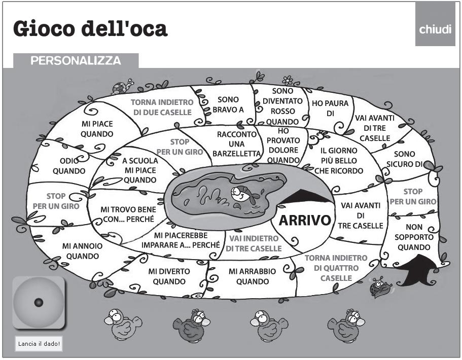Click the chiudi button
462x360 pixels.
tap(435, 29)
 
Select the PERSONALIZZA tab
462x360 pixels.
tap(76, 61)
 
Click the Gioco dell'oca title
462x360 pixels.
tap(90, 29)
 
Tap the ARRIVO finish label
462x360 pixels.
tap(305, 221)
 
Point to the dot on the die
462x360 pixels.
tap(39, 303)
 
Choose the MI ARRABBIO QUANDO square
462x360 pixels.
tap(252, 276)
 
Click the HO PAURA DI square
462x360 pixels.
tap(330, 108)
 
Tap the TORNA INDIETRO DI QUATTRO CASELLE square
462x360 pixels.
tap(336, 268)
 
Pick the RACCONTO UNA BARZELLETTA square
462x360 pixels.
tap(237, 143)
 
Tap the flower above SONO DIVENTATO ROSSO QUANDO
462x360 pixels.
tap(288, 80)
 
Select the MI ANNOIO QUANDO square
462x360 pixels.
tap(82, 250)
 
